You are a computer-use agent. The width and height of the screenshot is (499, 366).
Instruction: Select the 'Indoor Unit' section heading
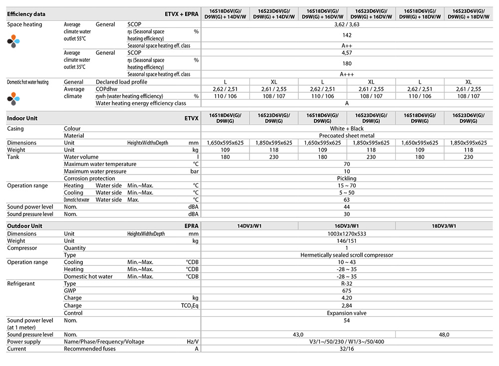[22, 119]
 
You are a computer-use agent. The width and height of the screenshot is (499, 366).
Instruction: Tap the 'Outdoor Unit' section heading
[24, 226]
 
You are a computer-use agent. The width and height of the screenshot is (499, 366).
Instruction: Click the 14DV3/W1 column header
[249, 226]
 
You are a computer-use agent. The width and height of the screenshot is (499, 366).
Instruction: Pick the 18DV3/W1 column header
[444, 226]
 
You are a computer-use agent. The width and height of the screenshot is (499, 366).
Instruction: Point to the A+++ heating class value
[347, 74]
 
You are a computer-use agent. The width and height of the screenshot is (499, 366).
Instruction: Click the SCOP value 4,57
[347, 53]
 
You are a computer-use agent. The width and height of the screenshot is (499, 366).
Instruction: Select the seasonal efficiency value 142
[347, 35]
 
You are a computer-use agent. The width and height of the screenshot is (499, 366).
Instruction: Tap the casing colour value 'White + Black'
[347, 129]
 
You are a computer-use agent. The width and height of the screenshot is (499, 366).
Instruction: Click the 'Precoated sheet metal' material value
[347, 136]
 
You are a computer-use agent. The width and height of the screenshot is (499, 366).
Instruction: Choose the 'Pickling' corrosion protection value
[347, 179]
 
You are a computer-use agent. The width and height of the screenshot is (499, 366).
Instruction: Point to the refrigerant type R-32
[347, 284]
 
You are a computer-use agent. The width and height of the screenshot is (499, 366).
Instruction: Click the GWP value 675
[347, 291]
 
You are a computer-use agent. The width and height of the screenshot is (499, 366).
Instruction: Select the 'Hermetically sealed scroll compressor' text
[347, 255]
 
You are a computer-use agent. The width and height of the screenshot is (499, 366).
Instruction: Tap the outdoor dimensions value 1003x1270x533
[347, 233]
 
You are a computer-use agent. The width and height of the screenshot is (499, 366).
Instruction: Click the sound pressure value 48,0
[444, 335]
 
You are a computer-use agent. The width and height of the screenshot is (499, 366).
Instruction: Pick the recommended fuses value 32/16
[347, 349]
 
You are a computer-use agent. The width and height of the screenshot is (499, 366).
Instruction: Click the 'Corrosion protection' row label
[90, 179]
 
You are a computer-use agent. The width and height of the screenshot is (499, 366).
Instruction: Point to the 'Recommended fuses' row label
[90, 349]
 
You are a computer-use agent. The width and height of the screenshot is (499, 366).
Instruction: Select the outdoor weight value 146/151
[347, 240]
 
